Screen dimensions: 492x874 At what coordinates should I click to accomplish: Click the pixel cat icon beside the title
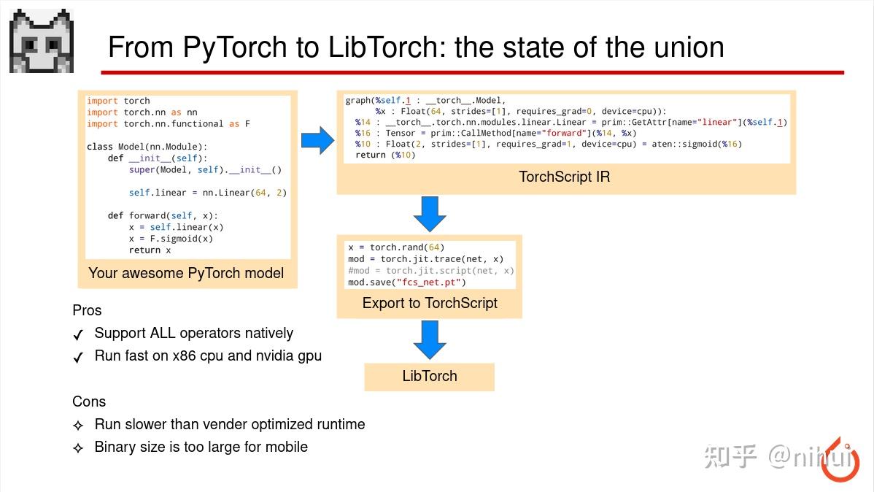[x=41, y=42]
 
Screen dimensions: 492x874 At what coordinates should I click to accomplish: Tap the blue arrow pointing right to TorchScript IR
[x=317, y=139]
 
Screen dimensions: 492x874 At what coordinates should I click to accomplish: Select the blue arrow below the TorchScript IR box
[x=429, y=213]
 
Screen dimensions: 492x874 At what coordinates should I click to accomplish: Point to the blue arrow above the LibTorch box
[x=429, y=339]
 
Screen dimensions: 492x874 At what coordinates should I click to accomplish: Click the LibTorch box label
[x=430, y=376]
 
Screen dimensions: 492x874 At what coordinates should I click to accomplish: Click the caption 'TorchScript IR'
[x=564, y=177]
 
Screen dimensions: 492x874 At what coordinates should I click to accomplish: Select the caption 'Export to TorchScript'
[x=430, y=303]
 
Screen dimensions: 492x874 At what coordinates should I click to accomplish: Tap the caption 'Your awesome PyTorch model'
[x=186, y=273]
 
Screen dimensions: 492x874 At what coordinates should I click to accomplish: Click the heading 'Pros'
[x=87, y=310]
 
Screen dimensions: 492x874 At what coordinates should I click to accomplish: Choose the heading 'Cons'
[x=89, y=401]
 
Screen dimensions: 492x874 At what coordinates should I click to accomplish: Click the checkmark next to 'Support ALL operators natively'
[x=78, y=335]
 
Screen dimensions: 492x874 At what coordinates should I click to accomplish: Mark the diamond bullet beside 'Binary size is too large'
[x=78, y=447]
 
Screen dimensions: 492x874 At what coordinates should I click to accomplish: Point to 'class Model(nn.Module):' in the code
[x=147, y=147]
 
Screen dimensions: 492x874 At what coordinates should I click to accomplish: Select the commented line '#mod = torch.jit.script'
[x=430, y=271]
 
